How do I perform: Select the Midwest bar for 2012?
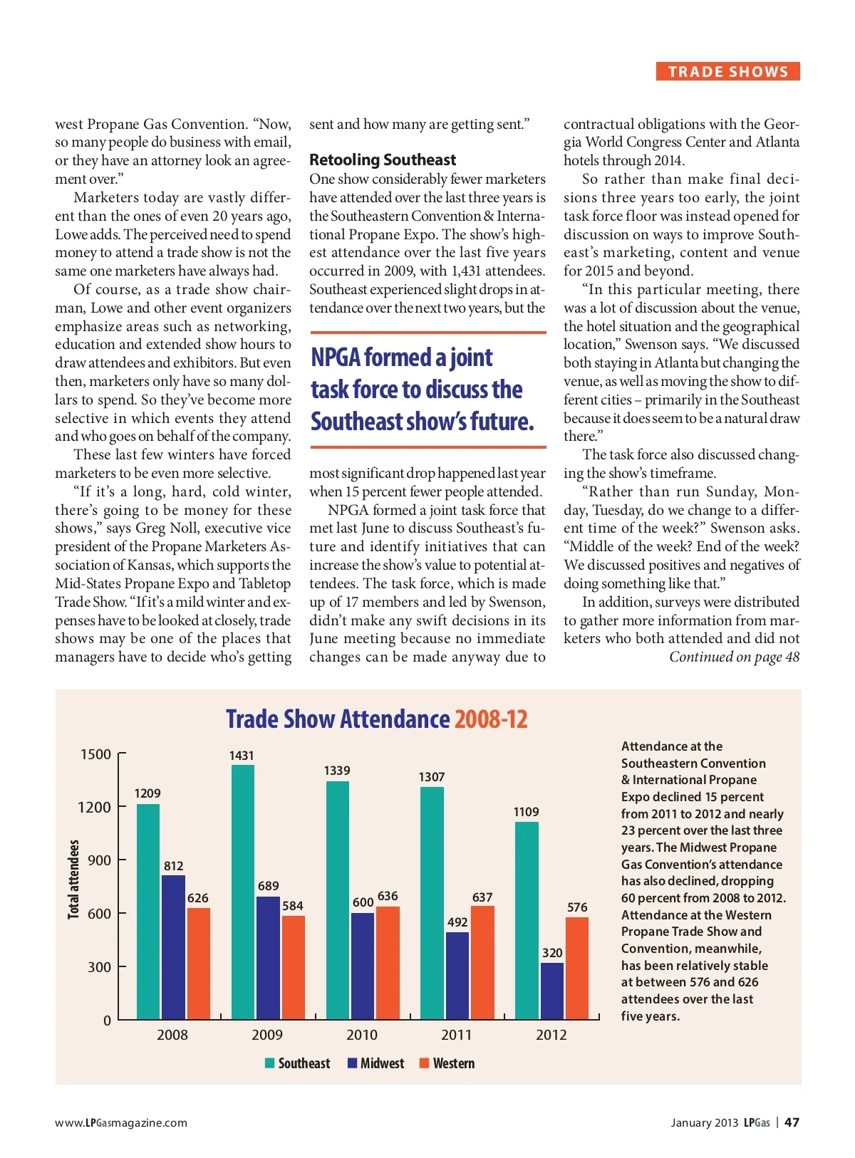click(551, 991)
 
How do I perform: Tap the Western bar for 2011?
click(482, 962)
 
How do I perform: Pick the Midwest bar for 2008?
click(173, 947)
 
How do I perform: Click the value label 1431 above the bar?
click(242, 756)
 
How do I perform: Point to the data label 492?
click(457, 922)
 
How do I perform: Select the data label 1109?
click(526, 812)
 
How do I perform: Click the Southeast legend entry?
click(298, 1063)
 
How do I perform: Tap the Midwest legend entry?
click(375, 1063)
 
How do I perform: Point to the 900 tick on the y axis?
click(99, 860)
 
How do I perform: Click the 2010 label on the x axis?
click(362, 1035)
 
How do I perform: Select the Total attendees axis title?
click(73, 879)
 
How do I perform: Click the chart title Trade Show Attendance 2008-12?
click(376, 719)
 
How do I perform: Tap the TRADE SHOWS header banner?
click(727, 72)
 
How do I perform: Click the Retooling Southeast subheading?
click(383, 160)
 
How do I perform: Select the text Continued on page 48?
click(734, 657)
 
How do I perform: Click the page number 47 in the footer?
click(792, 1122)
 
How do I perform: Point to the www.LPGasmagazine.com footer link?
click(121, 1123)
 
